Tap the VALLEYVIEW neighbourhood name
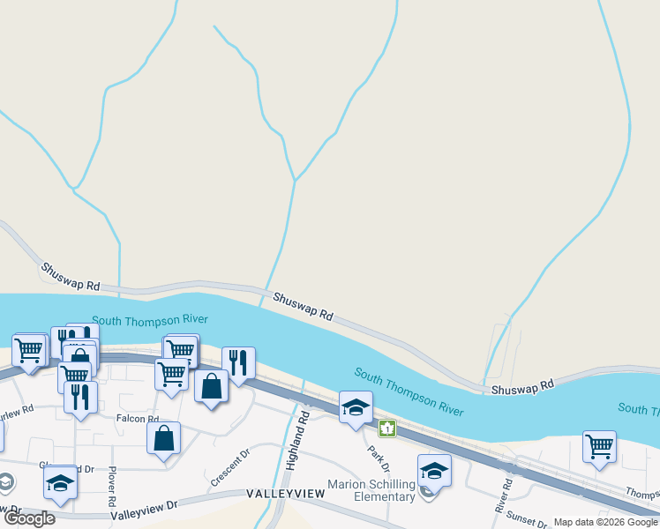coord(285,495)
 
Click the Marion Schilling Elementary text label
coord(371,490)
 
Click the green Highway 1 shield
coord(386,428)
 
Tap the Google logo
coord(29,518)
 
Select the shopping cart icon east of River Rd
coord(599,446)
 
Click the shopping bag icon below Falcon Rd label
coord(164,437)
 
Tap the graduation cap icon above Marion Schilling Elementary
coord(433,470)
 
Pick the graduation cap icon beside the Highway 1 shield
coord(356,406)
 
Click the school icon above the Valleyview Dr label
coord(60,482)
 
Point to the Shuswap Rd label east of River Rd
coord(521,386)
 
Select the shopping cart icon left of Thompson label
coord(599,446)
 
